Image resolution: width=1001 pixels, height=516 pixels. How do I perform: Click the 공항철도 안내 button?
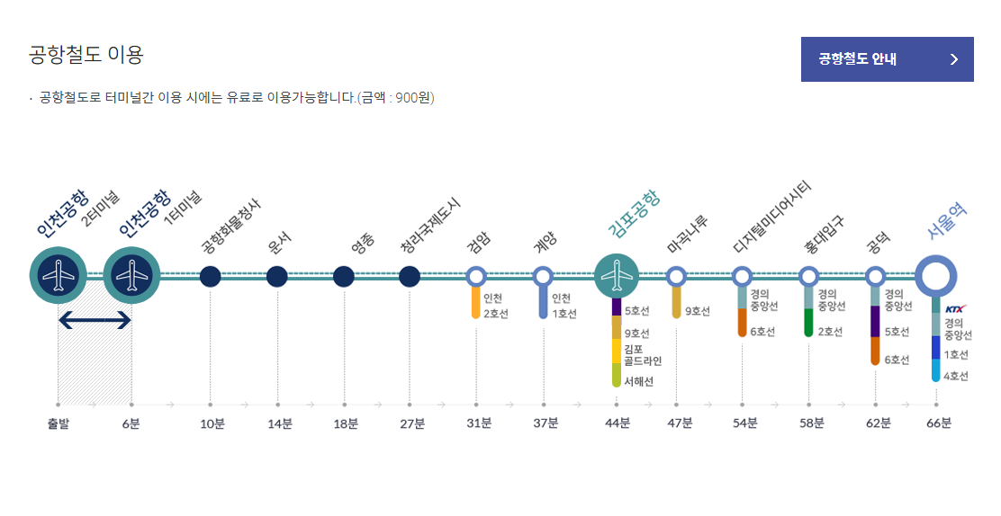(x=887, y=59)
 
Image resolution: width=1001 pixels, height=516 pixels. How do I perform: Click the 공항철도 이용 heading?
(x=86, y=55)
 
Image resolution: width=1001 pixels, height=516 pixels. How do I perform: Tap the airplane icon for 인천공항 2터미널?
(x=59, y=275)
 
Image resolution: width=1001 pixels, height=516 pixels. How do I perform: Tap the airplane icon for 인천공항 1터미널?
(x=132, y=275)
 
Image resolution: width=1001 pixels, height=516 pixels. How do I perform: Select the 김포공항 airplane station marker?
(x=617, y=276)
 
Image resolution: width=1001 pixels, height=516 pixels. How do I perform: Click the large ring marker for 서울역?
(x=936, y=276)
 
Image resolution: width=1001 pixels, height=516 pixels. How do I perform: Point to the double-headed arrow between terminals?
(x=95, y=319)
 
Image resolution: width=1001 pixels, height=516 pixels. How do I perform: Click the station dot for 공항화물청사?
(x=210, y=277)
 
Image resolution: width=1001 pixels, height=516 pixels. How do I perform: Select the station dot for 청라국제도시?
(x=410, y=277)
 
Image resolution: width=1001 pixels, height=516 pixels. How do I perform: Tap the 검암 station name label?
(x=479, y=244)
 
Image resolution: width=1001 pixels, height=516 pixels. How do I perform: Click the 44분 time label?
(x=617, y=423)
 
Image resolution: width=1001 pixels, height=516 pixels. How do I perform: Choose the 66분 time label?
(x=939, y=423)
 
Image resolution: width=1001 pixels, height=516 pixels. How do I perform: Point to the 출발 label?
(x=59, y=423)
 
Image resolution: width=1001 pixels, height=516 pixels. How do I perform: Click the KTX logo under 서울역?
(x=955, y=308)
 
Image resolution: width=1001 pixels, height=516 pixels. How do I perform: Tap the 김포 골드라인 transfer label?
(x=642, y=355)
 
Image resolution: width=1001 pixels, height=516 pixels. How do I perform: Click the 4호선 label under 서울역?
(x=956, y=376)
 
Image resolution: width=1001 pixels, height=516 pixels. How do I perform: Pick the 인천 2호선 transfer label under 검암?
(x=495, y=306)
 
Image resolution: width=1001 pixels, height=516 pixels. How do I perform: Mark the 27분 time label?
(x=412, y=423)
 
